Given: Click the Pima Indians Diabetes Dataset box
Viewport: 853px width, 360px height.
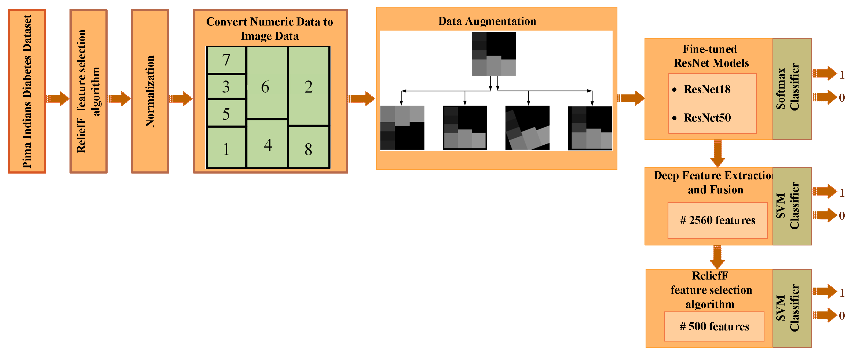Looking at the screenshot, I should tap(27, 91).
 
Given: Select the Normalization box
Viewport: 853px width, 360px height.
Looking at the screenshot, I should tap(150, 91).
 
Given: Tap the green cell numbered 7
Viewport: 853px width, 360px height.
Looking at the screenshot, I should tap(226, 60).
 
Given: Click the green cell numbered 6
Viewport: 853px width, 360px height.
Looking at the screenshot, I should tap(266, 83).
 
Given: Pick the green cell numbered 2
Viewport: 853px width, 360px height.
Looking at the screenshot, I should tap(309, 86).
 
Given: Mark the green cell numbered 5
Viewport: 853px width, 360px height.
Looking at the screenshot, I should tap(226, 113).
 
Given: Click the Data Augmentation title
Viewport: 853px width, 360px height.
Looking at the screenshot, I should tap(487, 21).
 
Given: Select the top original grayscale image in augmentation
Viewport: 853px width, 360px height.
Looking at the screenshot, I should tap(493, 54).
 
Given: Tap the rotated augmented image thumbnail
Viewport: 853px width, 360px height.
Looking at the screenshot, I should tap(527, 128).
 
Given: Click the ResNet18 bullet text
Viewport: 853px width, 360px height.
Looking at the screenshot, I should tap(707, 89).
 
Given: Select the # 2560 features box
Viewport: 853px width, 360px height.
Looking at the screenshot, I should tap(717, 220).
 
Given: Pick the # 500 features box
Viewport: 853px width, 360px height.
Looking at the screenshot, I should tap(714, 326).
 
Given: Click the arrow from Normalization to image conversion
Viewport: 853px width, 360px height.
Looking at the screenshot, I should tap(181, 98).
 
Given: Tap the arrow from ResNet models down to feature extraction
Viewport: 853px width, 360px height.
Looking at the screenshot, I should tap(717, 153).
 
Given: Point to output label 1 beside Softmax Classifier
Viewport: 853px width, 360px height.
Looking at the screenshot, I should tap(842, 75).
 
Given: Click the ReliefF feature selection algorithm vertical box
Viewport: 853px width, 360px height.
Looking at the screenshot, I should tap(89, 91).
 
